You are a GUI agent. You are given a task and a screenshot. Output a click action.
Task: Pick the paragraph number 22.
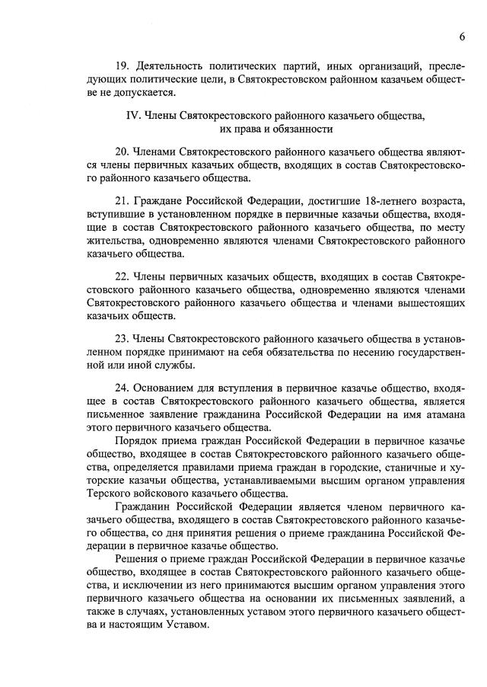point(121,276)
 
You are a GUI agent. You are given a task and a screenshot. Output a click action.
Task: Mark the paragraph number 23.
point(121,338)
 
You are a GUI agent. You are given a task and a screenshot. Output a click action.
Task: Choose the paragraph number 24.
point(121,388)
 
